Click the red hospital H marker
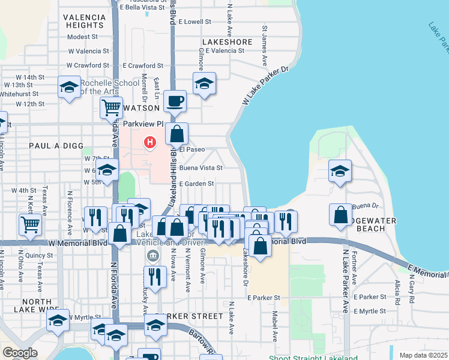150,142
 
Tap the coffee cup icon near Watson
175,101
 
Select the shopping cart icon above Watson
111,107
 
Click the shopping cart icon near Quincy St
30,224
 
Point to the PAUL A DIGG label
53,146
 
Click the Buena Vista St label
200,168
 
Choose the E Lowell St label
191,22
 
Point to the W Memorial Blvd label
77,243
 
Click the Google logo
20,353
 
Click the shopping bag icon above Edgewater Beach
340,214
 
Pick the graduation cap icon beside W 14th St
69,87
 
